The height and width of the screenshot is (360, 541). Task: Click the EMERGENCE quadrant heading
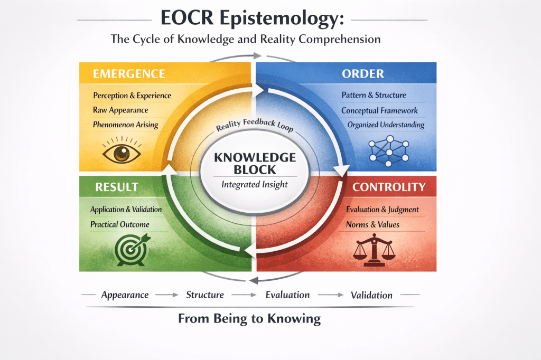tap(129, 73)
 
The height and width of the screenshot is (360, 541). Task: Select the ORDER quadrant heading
tap(363, 73)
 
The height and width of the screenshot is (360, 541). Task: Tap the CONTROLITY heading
tap(388, 187)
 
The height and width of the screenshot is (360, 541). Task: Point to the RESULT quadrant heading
tap(116, 187)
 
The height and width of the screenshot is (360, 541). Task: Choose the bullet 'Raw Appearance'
tap(120, 110)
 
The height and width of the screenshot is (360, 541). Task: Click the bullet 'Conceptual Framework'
tap(379, 110)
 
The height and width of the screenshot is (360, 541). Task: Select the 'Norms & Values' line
tap(372, 224)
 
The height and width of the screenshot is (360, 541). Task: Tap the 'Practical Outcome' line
tap(119, 224)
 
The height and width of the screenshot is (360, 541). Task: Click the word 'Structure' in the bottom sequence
tap(205, 295)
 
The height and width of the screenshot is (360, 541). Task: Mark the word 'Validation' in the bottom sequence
tap(371, 295)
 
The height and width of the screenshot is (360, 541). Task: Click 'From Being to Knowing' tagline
tap(249, 318)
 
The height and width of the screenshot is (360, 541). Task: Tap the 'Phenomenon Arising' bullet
tap(125, 125)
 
